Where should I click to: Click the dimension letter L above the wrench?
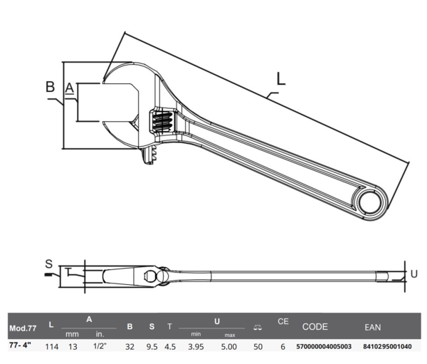[281, 79]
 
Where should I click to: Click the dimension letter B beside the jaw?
[50, 87]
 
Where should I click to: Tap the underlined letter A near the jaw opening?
[70, 88]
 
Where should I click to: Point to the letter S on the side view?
[48, 264]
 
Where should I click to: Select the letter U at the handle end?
[413, 274]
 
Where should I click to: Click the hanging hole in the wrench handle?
[369, 203]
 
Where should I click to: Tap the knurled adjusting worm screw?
[162, 121]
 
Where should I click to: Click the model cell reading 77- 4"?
[20, 345]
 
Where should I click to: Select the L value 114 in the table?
[52, 347]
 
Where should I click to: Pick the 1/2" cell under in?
[100, 346]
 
